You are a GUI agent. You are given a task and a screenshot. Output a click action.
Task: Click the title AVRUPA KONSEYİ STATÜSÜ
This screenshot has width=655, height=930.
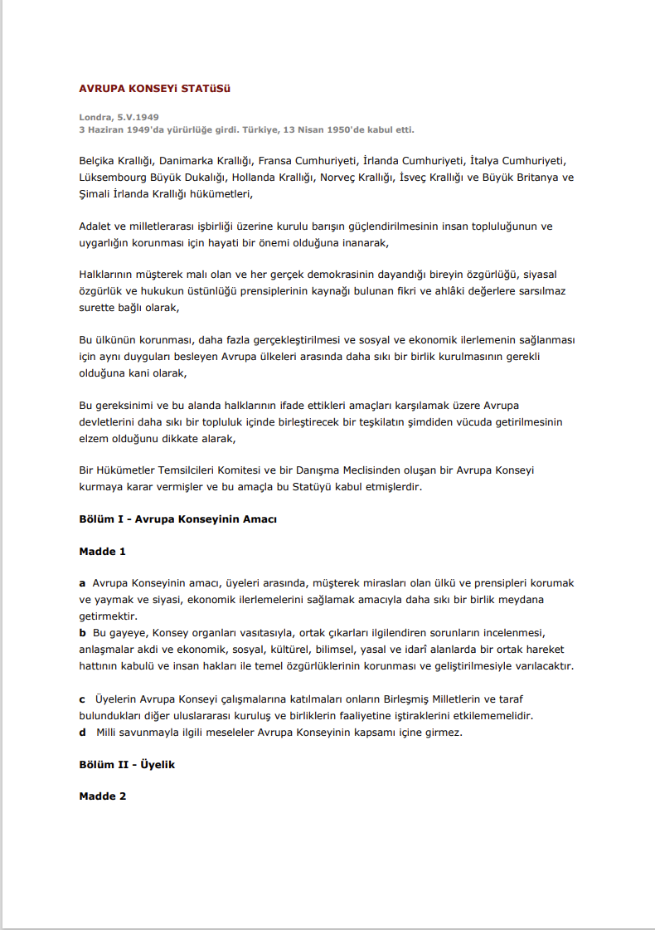[154, 88]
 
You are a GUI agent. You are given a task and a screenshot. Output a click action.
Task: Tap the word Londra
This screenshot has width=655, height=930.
[95, 118]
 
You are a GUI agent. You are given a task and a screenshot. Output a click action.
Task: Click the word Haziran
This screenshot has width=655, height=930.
[107, 130]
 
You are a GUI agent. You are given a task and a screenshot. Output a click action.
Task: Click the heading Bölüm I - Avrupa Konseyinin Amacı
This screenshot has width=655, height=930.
[177, 519]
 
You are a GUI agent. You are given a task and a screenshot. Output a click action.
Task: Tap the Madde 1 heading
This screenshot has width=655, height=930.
[103, 551]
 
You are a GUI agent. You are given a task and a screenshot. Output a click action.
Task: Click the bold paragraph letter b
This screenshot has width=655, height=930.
[83, 633]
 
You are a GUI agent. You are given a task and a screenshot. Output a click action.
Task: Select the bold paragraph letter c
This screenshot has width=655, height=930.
[82, 699]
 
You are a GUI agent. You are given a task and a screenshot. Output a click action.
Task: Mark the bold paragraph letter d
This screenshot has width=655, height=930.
[83, 733]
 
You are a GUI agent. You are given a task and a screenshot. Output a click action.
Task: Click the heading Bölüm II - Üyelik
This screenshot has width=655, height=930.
[127, 765]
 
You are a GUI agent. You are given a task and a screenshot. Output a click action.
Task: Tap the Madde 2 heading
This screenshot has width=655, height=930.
[103, 796]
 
